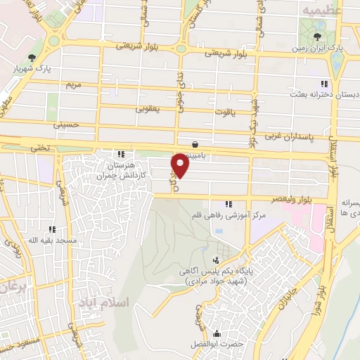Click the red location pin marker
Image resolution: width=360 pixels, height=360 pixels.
(181, 166)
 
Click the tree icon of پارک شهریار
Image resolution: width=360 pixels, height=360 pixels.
(30, 58)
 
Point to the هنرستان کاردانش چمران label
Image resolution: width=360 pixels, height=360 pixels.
(121, 167)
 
